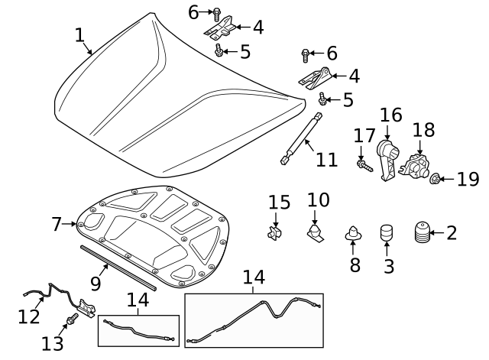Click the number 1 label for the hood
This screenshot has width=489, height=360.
[79, 35]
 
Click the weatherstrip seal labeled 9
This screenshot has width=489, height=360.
[122, 268]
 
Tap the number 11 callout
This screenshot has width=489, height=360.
[326, 160]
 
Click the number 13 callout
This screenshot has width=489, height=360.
[53, 343]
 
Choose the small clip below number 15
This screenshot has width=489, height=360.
[276, 232]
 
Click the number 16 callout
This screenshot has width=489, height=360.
[390, 115]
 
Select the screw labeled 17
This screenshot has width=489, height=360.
[363, 164]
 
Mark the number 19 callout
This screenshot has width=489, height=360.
[468, 179]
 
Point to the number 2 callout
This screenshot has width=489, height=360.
[452, 232]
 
